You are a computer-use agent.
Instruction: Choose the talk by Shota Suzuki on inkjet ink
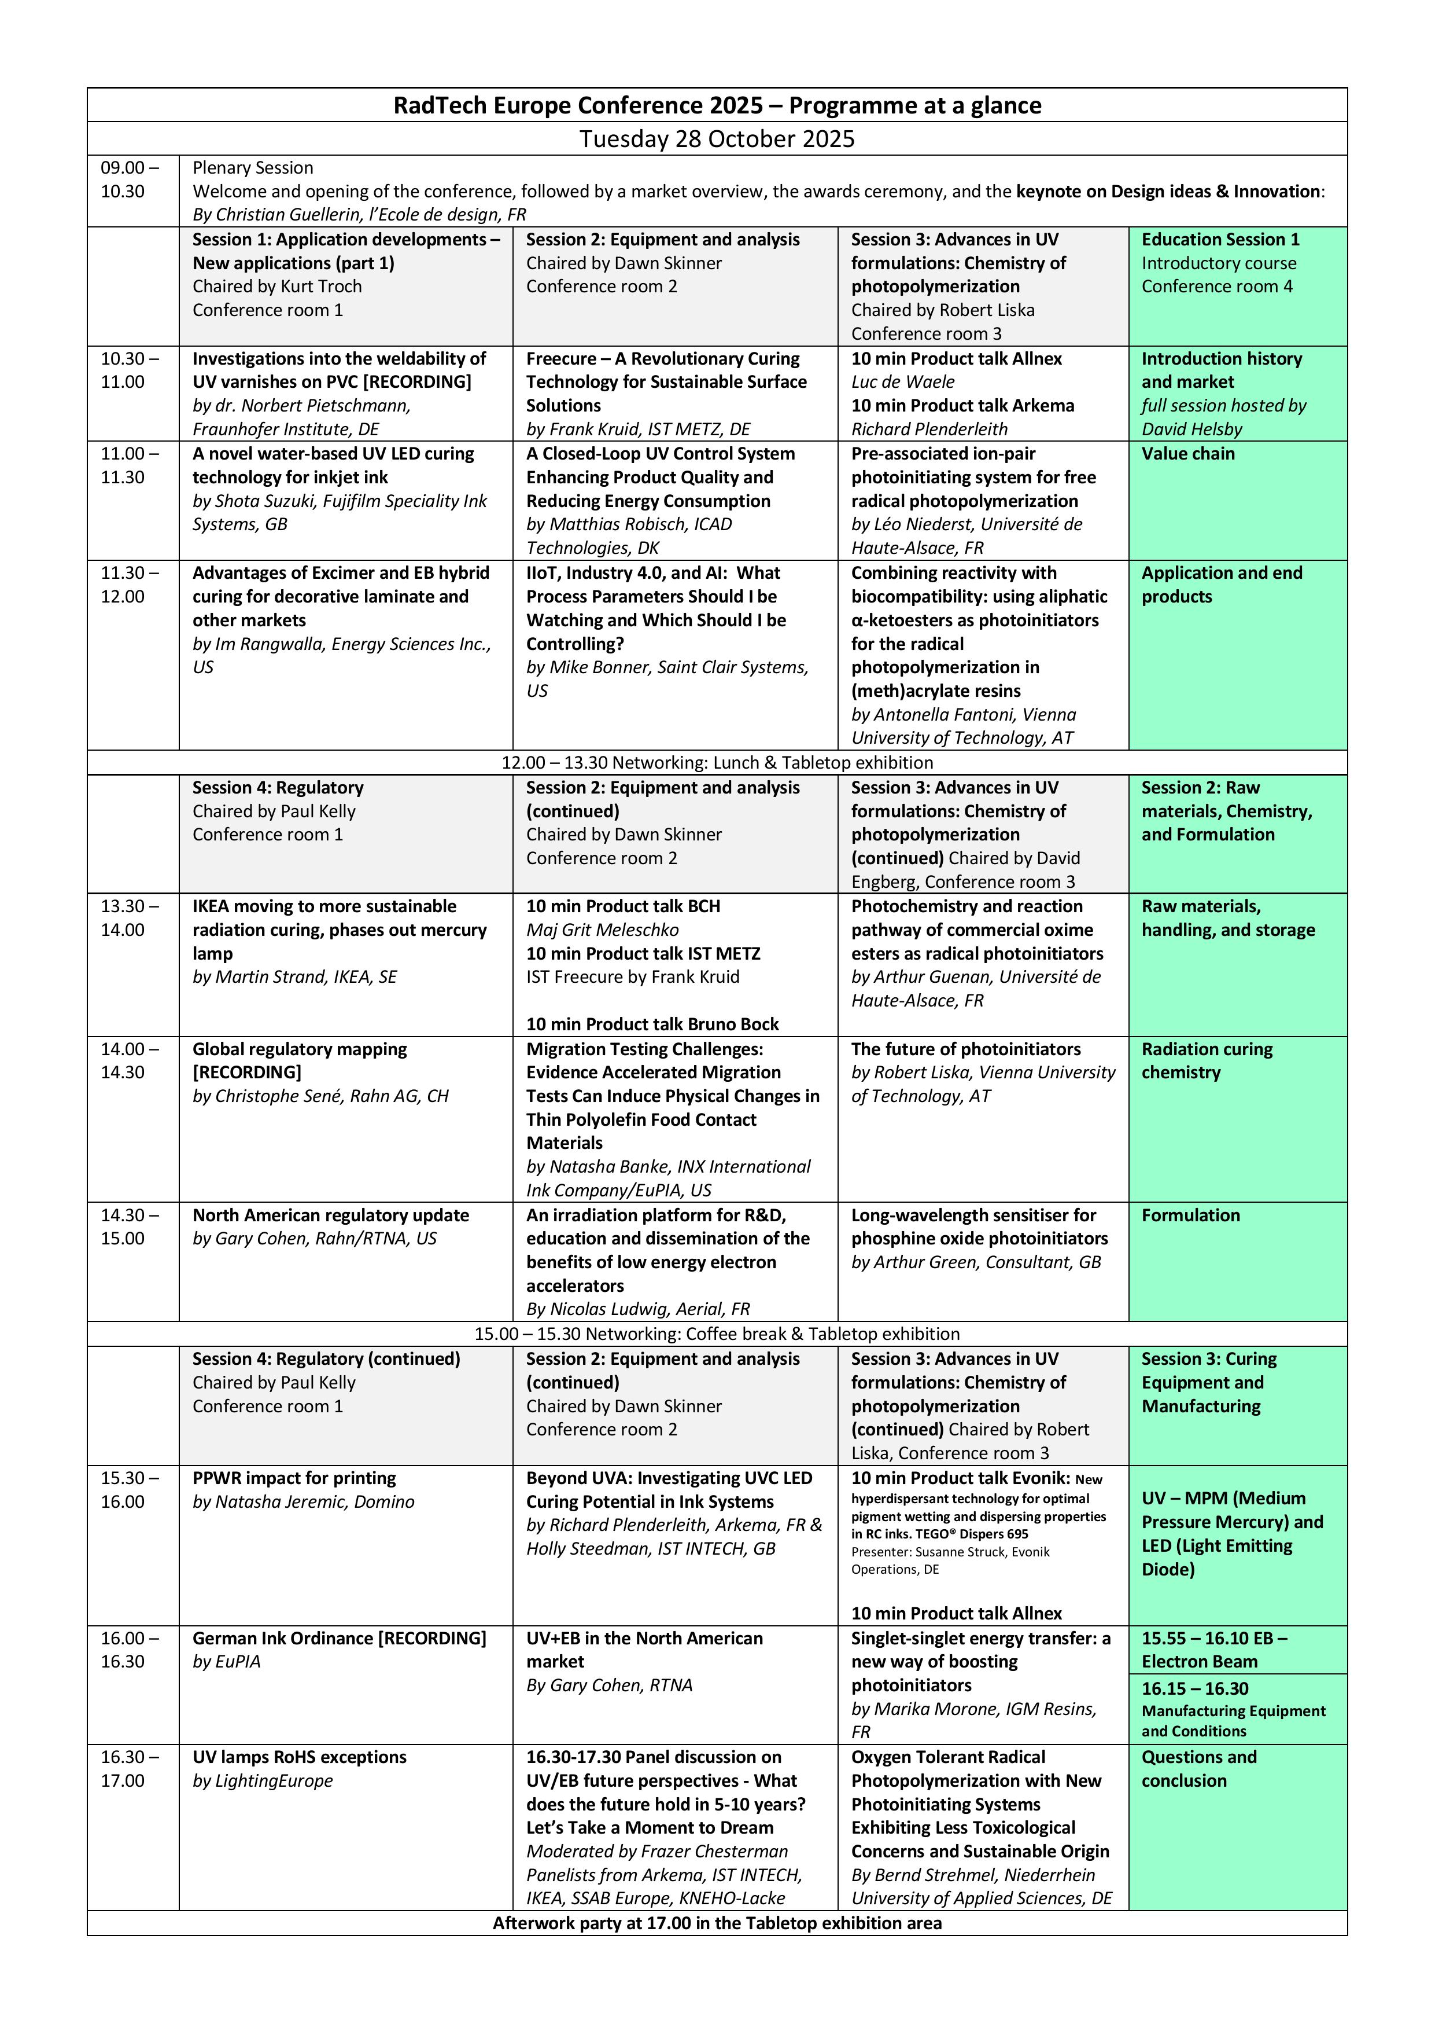tap(333, 465)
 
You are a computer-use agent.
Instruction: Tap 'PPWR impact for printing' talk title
tap(294, 1478)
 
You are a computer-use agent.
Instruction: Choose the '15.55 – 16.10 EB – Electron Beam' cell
tap(1213, 1650)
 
